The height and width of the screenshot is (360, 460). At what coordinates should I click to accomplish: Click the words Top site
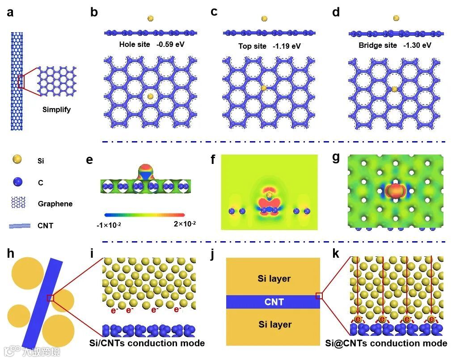(252, 46)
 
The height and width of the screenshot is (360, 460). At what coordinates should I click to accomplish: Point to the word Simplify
(57, 109)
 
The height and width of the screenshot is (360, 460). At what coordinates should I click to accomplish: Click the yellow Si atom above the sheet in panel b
(151, 19)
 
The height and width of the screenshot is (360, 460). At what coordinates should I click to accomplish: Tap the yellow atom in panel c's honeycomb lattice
(264, 88)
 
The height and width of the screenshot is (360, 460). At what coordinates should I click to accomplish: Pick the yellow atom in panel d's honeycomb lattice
(394, 89)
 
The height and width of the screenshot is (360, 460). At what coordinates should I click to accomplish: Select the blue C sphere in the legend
(17, 182)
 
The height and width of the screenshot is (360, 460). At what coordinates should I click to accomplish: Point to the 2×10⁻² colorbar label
(185, 224)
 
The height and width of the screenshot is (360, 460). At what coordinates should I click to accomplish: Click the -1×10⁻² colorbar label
(109, 225)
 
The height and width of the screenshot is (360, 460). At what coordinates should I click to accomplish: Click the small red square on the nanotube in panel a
(20, 82)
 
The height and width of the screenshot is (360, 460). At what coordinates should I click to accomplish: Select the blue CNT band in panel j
(273, 302)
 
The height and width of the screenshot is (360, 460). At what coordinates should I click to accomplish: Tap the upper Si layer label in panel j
(274, 279)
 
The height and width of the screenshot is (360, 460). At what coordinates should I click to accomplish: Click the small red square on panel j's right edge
(319, 296)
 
